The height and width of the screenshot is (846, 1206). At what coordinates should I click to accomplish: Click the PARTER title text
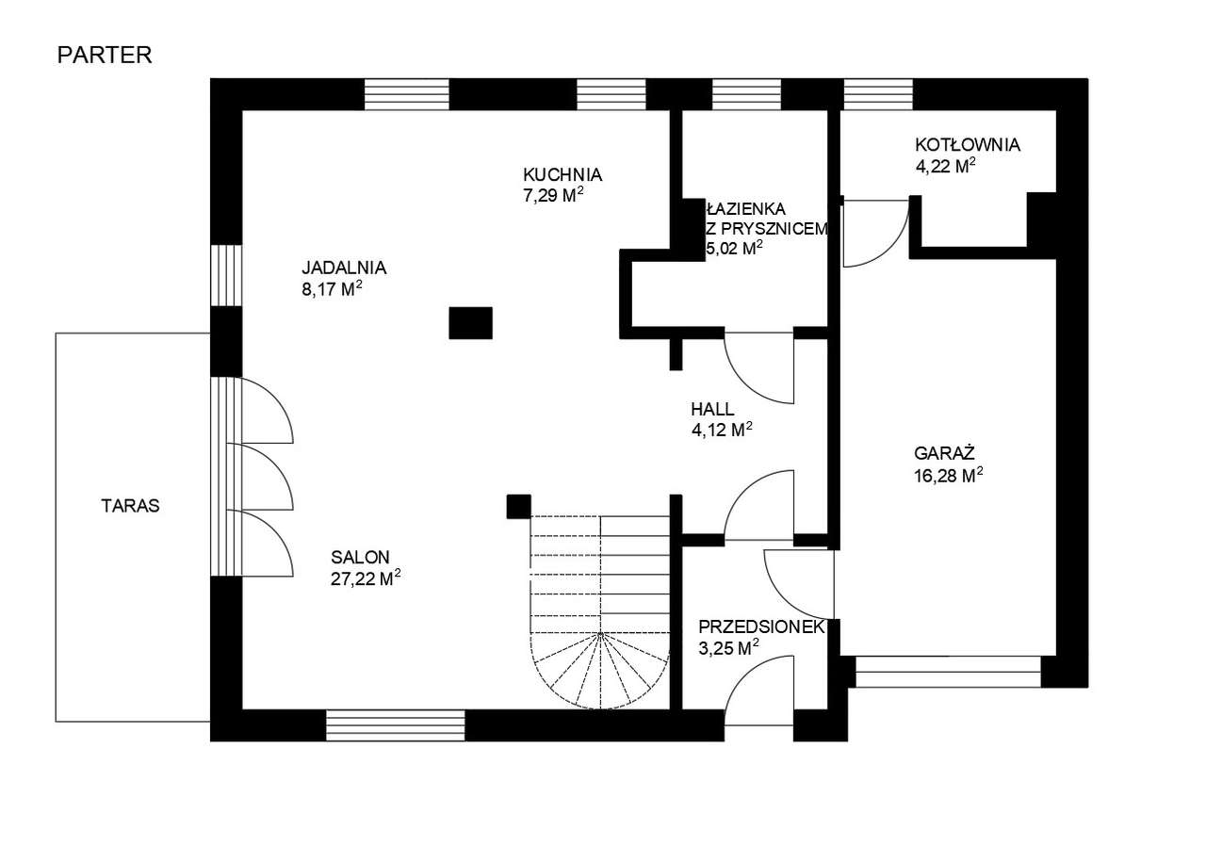[105, 56]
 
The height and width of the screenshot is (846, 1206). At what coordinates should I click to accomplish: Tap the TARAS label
[130, 506]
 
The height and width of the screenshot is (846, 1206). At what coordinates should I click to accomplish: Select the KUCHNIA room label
[562, 175]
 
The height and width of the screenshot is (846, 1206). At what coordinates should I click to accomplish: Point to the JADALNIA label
[344, 268]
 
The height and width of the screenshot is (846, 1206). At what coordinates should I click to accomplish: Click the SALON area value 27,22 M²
[366, 578]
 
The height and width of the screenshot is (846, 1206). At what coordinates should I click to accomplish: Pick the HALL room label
[712, 409]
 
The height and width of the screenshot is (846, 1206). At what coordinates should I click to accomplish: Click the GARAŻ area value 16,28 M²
[949, 475]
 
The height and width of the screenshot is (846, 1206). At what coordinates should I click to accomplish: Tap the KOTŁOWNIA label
[968, 145]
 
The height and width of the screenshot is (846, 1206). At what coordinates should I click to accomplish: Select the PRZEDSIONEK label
[761, 627]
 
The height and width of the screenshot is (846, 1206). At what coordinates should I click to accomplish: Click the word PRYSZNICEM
[774, 229]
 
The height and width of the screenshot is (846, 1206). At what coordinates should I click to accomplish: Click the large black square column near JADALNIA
[470, 323]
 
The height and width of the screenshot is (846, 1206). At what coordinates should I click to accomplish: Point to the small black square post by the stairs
[518, 507]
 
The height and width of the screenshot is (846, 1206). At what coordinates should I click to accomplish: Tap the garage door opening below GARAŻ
[948, 671]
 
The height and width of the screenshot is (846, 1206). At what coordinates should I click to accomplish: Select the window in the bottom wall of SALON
[396, 724]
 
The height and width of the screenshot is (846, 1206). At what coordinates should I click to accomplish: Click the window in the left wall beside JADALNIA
[225, 275]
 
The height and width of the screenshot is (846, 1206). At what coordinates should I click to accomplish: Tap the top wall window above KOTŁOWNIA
[878, 94]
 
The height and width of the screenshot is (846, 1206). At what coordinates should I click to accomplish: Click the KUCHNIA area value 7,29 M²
[553, 195]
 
